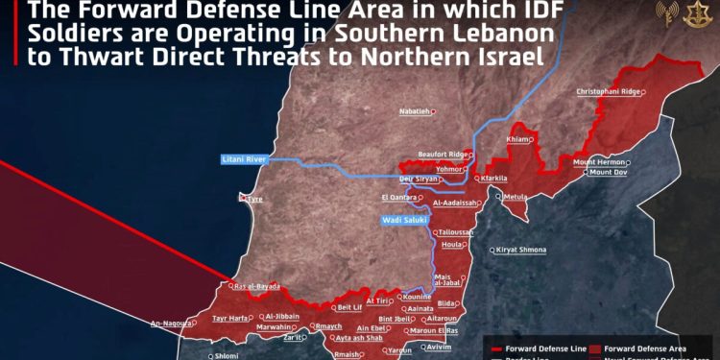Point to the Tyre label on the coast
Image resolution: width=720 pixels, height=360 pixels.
(x=251, y=199)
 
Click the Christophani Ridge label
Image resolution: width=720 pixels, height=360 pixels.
(x=608, y=91)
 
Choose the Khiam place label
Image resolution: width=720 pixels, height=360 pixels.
(x=517, y=139)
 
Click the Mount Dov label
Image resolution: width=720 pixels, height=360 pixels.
(x=607, y=173)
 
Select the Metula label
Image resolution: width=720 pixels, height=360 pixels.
(x=516, y=197)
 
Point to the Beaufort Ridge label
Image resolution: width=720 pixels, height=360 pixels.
(x=444, y=154)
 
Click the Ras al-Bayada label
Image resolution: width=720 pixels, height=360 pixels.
(x=256, y=286)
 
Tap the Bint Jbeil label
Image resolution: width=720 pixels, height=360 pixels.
(x=396, y=319)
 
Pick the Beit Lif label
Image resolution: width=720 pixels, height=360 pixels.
(x=350, y=307)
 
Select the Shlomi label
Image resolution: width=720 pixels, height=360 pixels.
(x=227, y=354)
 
